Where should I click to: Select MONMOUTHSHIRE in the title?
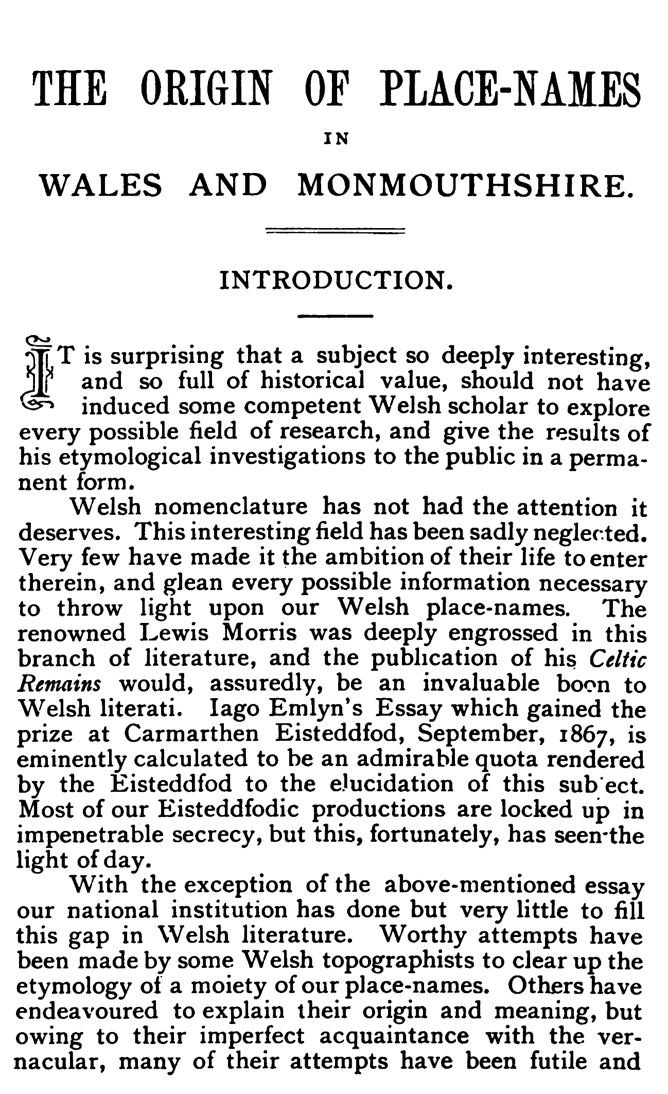[465, 185]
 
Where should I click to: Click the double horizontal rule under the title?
[335, 232]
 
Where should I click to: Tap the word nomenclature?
[231, 508]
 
